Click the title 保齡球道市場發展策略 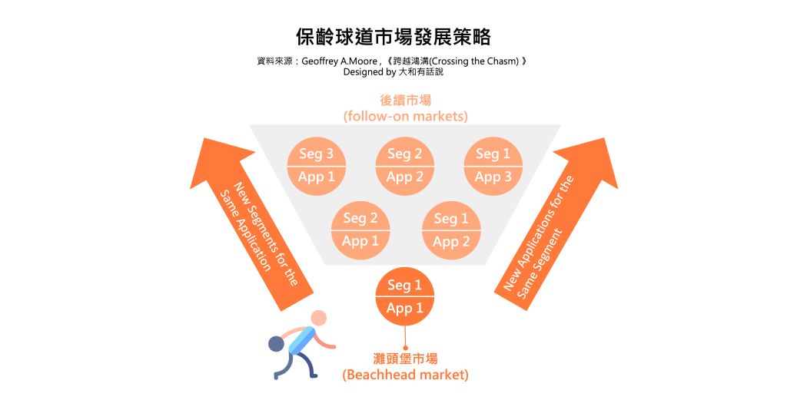pos(393,36)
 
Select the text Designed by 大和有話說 pos(393,72)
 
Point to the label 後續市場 pos(405,101)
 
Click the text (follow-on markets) pos(405,117)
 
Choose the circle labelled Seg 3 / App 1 pos(317,166)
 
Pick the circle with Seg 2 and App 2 pos(405,166)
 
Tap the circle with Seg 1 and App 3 pos(493,166)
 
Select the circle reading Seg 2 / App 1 pos(360,230)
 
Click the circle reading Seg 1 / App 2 pos(451,230)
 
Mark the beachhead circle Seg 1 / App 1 pos(405,296)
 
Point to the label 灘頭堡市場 pos(405,359)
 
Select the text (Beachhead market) pos(405,375)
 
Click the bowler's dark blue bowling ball pos(276,344)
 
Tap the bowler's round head pos(319,317)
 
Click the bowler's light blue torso pos(301,338)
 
